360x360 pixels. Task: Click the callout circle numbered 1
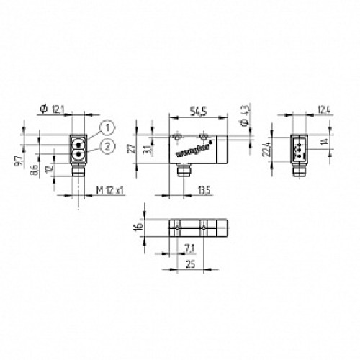coord(106,127)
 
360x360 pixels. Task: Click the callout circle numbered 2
coord(106,147)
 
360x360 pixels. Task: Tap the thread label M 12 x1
coord(109,189)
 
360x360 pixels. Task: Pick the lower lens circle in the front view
coord(77,153)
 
